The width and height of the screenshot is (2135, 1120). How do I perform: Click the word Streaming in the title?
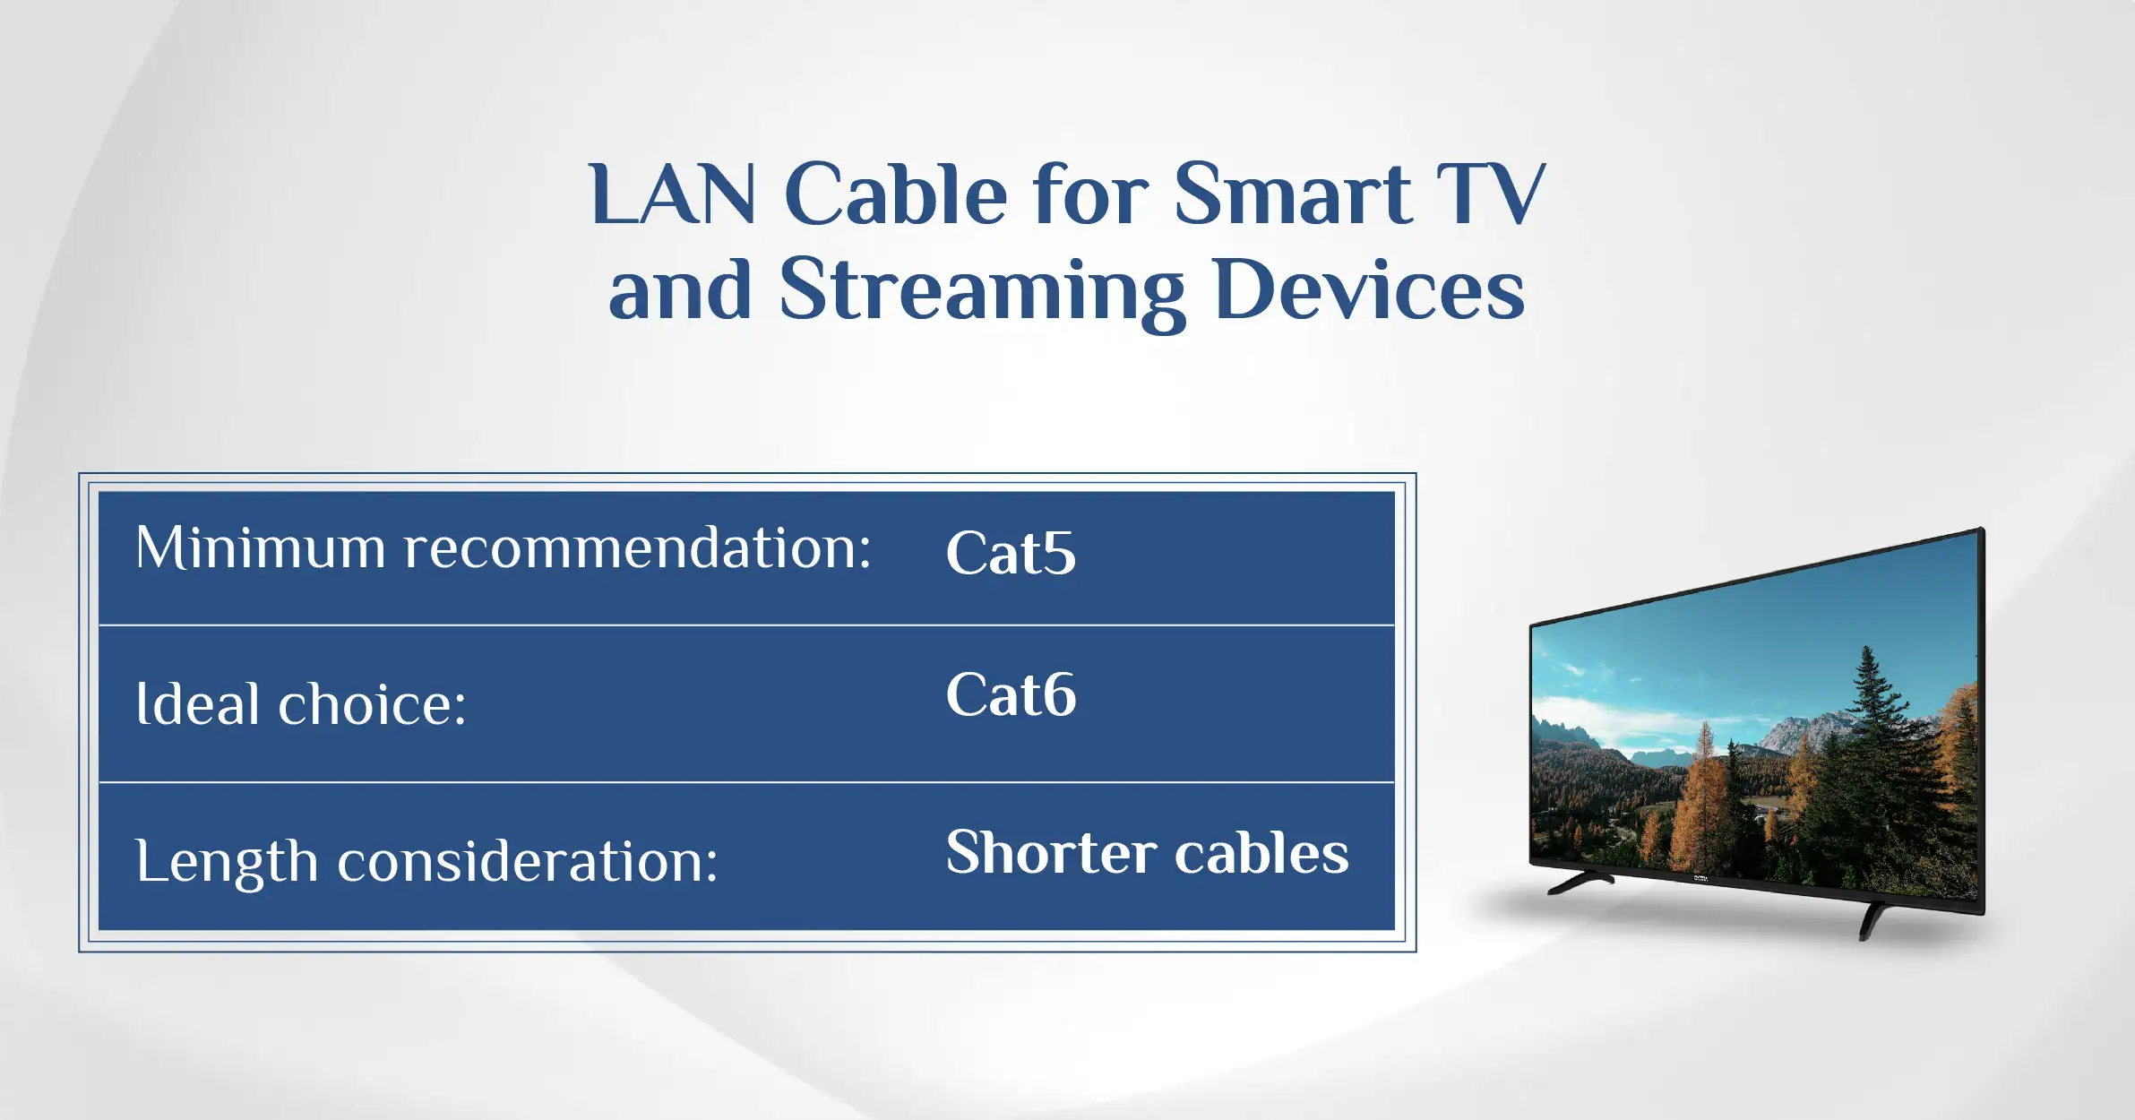983,292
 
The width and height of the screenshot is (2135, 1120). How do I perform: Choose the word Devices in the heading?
1370,289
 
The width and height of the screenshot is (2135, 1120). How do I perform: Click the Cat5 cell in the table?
1011,552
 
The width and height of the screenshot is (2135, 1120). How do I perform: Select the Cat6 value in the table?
1011,694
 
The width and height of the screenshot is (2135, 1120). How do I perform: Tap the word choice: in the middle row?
372,703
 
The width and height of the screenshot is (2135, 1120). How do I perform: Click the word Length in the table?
228,862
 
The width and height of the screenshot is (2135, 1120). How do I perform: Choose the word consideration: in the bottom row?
528,860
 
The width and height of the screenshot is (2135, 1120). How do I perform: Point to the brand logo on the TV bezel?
1700,879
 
